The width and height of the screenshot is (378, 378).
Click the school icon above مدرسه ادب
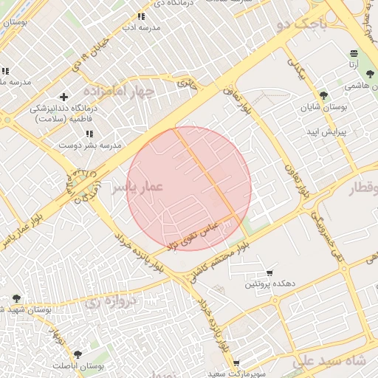141,16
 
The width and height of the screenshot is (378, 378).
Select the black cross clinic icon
64,97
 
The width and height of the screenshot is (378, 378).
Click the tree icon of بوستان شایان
323,94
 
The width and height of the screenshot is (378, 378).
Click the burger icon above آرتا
354,53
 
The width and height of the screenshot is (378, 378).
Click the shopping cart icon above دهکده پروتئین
269,272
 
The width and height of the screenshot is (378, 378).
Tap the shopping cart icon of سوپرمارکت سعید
236,362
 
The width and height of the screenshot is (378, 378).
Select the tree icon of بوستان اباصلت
78,354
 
